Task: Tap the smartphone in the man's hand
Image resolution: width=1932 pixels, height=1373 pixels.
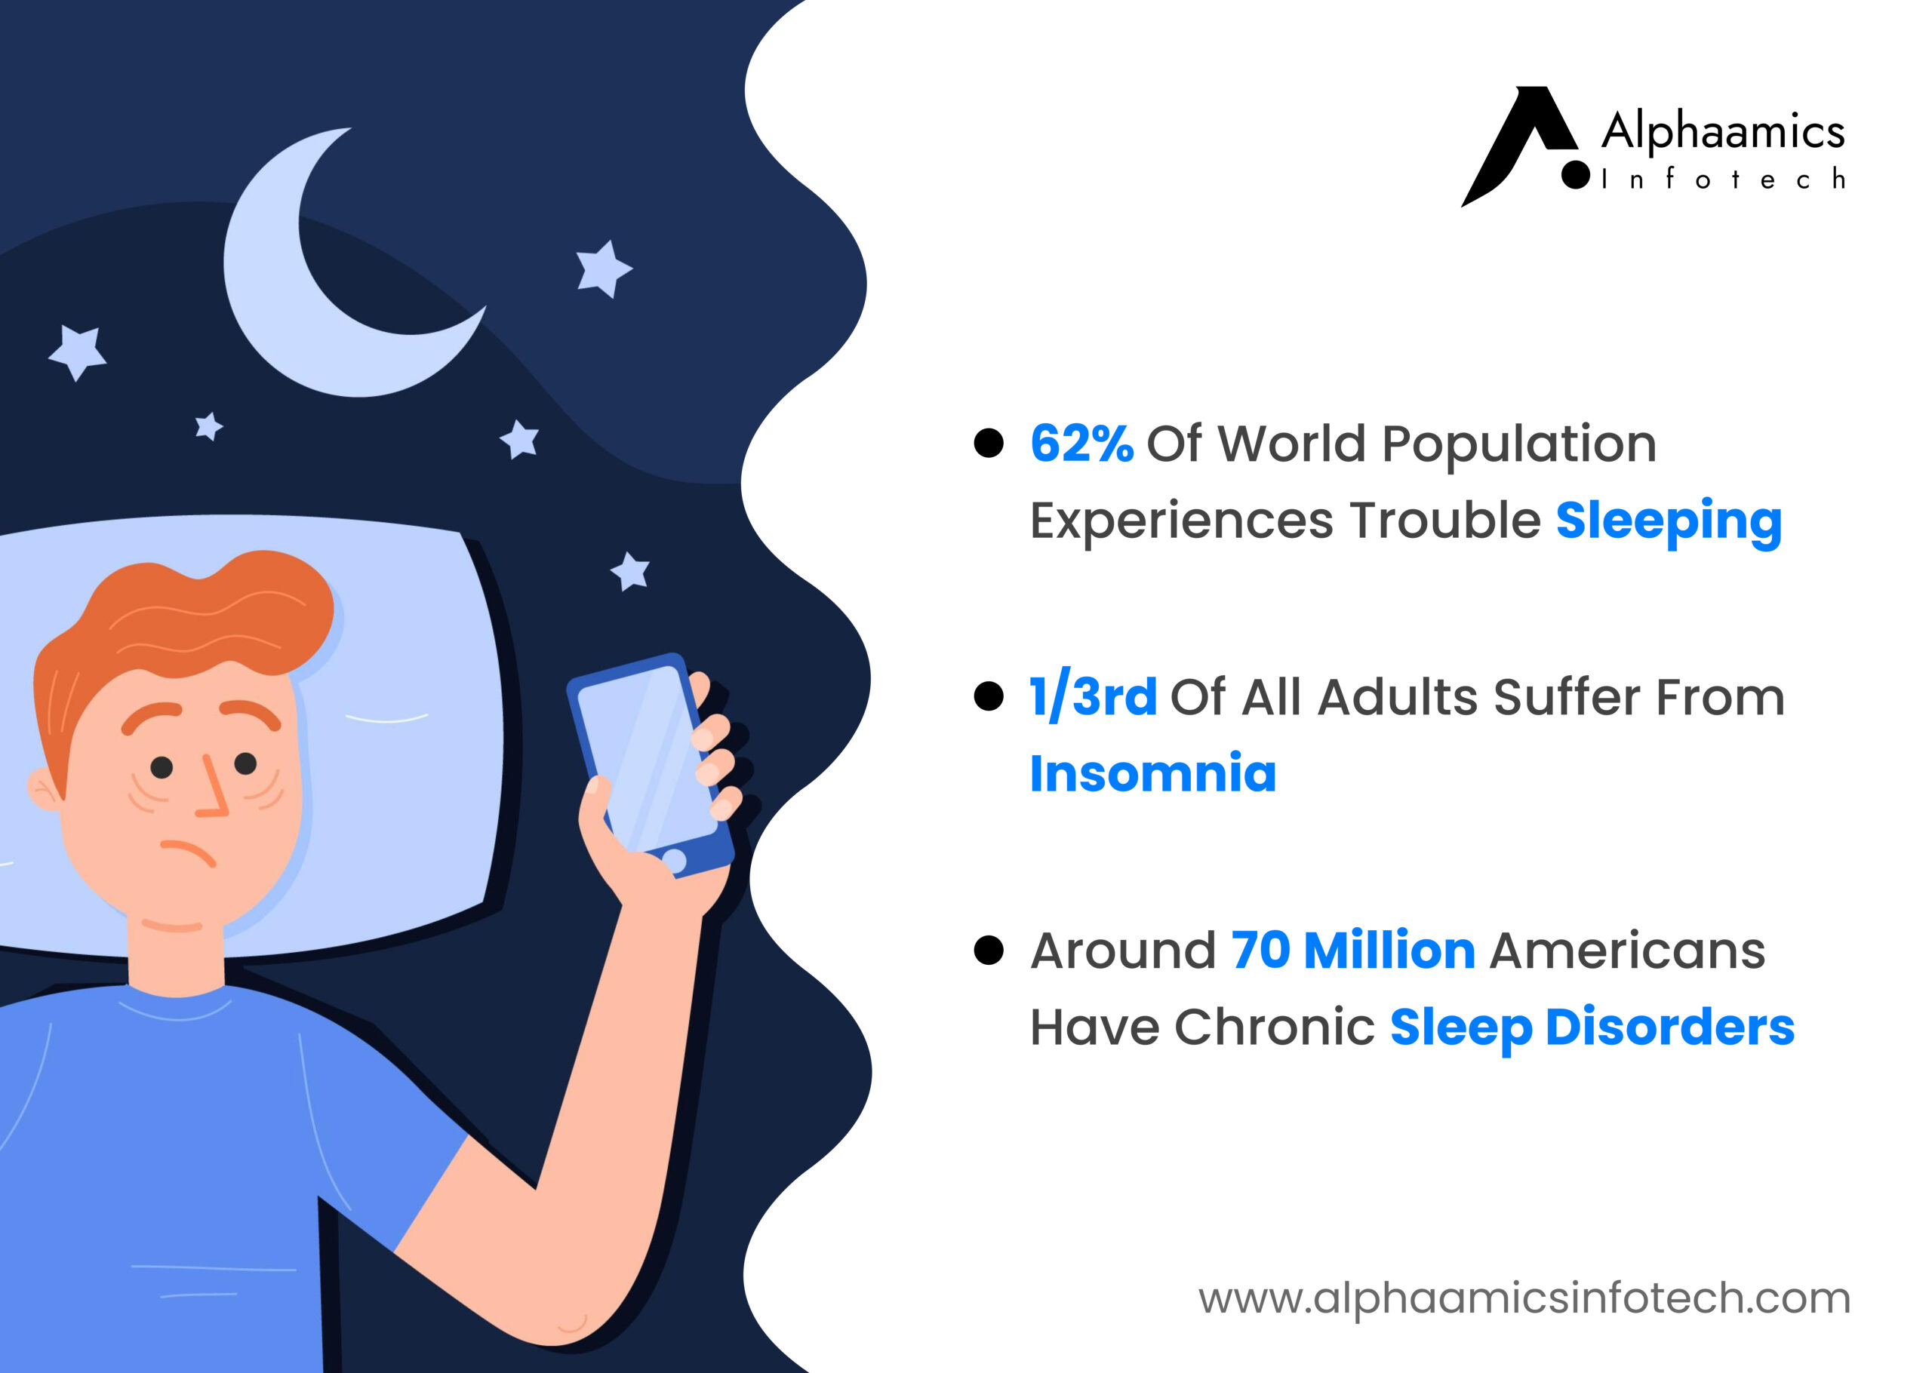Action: click(651, 765)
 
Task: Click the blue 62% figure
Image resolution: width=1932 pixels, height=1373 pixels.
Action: click(1081, 443)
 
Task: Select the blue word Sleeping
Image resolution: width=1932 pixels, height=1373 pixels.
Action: click(1668, 521)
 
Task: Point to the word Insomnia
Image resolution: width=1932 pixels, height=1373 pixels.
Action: click(1152, 773)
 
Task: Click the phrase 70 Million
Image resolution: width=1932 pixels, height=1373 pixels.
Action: click(1353, 951)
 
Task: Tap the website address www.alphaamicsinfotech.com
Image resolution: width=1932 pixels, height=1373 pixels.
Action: click(1524, 1297)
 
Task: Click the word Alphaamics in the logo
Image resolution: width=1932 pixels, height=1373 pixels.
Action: click(1722, 131)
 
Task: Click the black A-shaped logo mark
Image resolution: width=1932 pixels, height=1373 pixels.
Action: click(1520, 145)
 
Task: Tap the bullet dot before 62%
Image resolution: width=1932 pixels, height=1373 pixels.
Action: click(989, 443)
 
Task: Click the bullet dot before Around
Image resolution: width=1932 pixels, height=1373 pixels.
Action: click(989, 951)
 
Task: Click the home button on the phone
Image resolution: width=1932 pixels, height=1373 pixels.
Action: click(674, 861)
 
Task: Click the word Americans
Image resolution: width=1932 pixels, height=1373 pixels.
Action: click(1628, 951)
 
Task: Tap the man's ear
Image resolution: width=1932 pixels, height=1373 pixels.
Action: click(44, 790)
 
